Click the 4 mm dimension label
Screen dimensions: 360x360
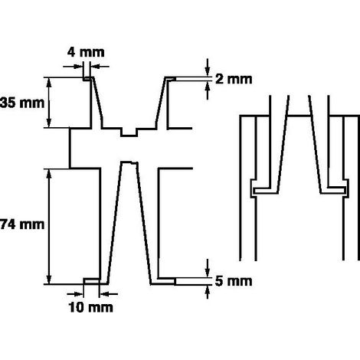coord(86,52)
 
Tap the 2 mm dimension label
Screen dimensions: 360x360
coord(234,79)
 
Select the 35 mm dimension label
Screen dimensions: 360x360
coord(22,103)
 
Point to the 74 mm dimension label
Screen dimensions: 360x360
coord(22,224)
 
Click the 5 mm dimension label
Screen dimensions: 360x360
coord(234,281)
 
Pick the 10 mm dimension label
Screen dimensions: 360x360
coord(90,307)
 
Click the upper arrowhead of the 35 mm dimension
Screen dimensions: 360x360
coord(49,81)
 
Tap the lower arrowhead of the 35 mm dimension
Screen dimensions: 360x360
coord(49,123)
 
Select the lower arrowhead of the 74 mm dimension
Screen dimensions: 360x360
coord(49,280)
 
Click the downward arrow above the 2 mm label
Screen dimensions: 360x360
coord(208,67)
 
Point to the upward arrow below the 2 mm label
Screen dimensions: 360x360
coord(208,90)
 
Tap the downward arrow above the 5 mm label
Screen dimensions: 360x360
coord(208,268)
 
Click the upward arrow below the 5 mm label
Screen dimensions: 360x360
coord(208,292)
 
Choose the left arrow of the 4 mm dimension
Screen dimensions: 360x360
coord(73,67)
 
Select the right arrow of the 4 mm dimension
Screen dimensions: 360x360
coord(100,67)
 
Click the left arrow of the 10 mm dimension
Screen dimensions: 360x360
coord(75,294)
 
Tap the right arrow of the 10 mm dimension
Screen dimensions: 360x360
coord(109,294)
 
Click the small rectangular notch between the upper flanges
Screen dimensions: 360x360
coord(129,133)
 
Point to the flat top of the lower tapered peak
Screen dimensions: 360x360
coord(129,162)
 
